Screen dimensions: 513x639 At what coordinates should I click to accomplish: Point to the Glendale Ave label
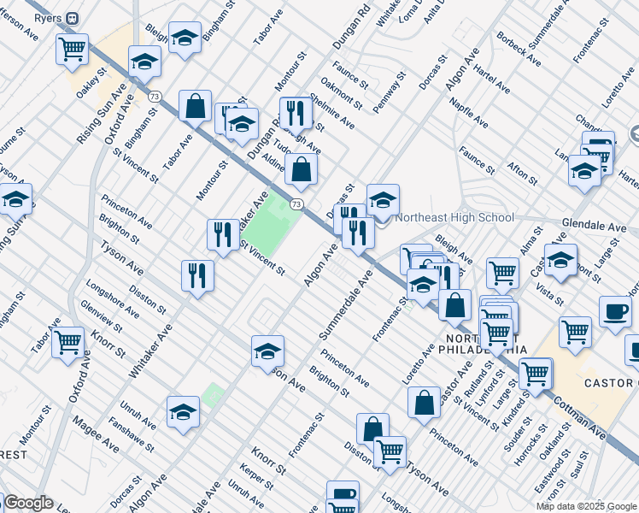[x=594, y=227]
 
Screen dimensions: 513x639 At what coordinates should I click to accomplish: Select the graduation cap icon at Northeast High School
[x=383, y=199]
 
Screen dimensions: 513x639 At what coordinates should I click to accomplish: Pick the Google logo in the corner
[x=27, y=503]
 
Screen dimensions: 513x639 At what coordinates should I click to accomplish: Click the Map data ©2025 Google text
[x=585, y=506]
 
